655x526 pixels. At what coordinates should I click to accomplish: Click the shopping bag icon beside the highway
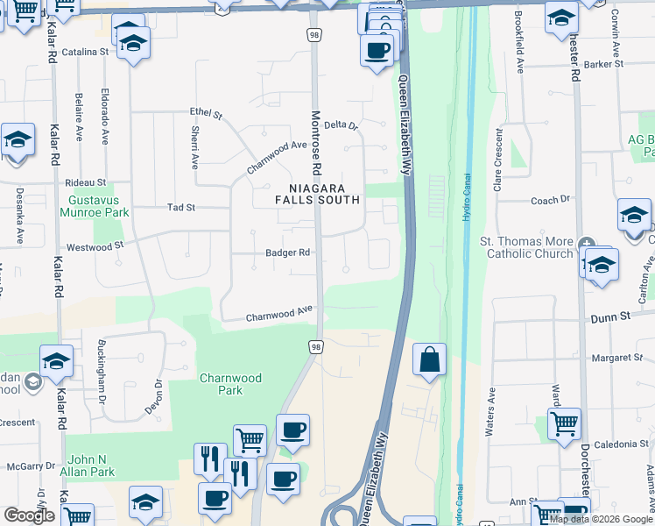click(x=429, y=360)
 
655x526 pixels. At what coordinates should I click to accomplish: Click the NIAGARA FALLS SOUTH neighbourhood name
click(x=325, y=194)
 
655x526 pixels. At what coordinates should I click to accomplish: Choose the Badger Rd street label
click(x=288, y=253)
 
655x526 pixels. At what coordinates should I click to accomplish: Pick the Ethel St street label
click(x=208, y=114)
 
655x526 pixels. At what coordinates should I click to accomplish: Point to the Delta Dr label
click(x=342, y=125)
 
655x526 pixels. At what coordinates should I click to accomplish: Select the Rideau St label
click(x=86, y=183)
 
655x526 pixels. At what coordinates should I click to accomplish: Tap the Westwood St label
click(x=90, y=247)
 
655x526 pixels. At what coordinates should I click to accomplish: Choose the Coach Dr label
click(x=550, y=201)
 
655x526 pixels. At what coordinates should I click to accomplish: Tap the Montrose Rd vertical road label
click(x=317, y=140)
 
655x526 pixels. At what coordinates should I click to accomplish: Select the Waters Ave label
click(x=490, y=412)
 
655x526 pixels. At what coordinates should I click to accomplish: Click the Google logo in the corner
click(x=29, y=515)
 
